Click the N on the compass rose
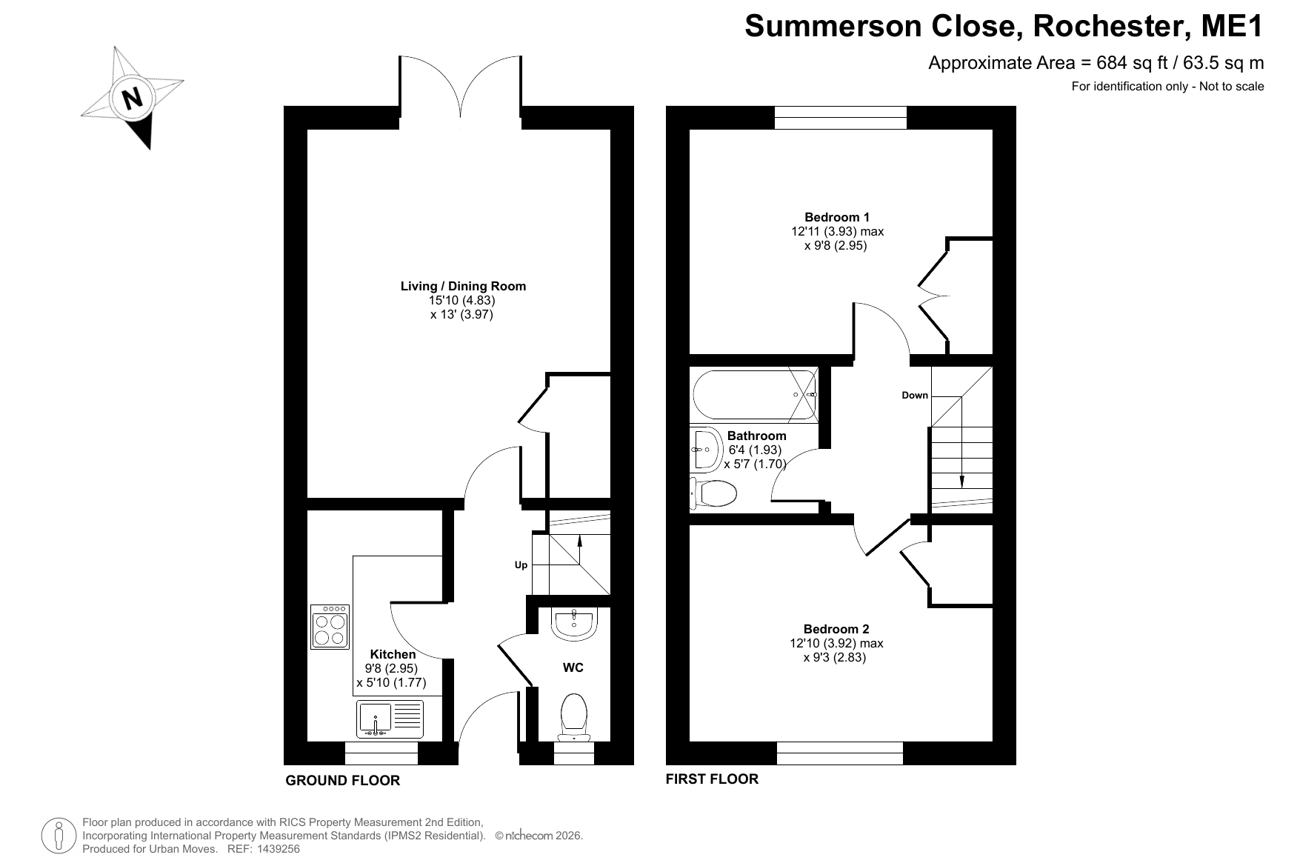pos(133,98)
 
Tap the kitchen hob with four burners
pos(330,627)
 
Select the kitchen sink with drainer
pos(390,719)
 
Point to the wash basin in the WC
pos(574,624)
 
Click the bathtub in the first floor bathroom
pos(755,394)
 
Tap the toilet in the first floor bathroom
pos(713,493)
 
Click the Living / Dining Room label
pos(463,286)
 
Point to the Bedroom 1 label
pos(837,217)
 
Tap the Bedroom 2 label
pos(836,629)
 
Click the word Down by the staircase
pos(915,395)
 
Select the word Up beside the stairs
pos(521,565)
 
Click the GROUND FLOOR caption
pos(343,780)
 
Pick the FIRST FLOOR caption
pos(712,779)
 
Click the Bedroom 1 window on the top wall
pos(841,118)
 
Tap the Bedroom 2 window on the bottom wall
pos(840,753)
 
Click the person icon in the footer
pos(60,836)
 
